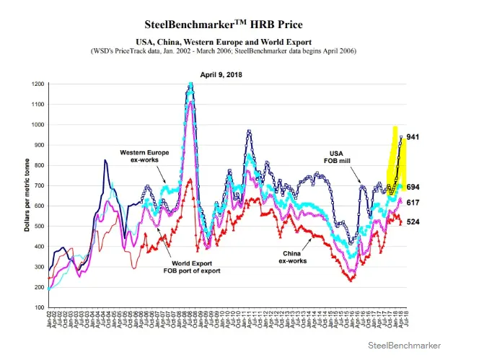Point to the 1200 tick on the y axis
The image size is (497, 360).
coord(37,84)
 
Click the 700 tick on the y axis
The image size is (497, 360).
coord(38,185)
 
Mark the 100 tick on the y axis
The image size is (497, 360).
coord(38,307)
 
